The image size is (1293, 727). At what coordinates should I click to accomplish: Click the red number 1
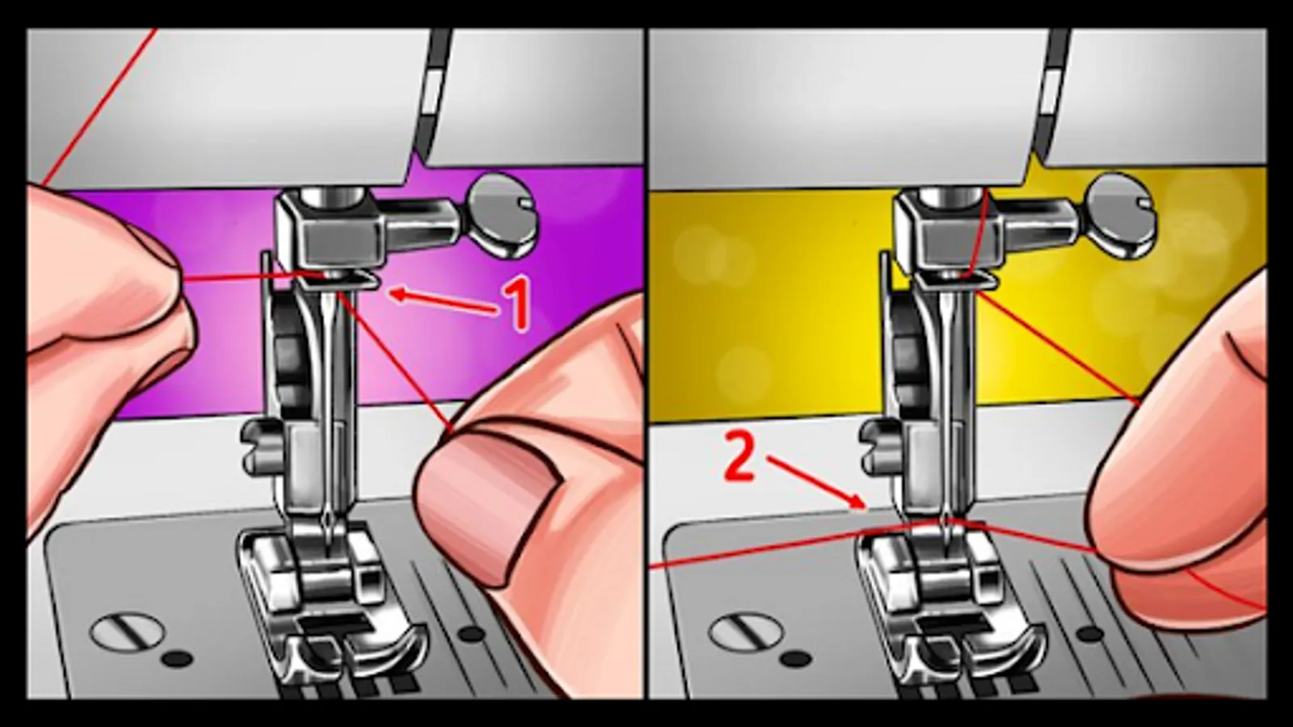point(516,304)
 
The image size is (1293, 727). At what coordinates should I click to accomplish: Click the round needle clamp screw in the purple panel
point(502,215)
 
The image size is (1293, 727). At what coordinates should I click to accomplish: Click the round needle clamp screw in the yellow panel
point(1120,215)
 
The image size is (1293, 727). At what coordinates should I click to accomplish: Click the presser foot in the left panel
point(332,606)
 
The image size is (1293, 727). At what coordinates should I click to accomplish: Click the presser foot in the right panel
point(950,606)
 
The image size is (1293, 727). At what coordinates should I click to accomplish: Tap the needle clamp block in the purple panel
point(329,233)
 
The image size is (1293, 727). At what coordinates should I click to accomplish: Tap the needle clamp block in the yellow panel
point(946,233)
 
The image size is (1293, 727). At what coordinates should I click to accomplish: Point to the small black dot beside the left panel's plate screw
point(179,659)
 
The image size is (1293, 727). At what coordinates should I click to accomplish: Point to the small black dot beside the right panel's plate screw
point(796,659)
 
